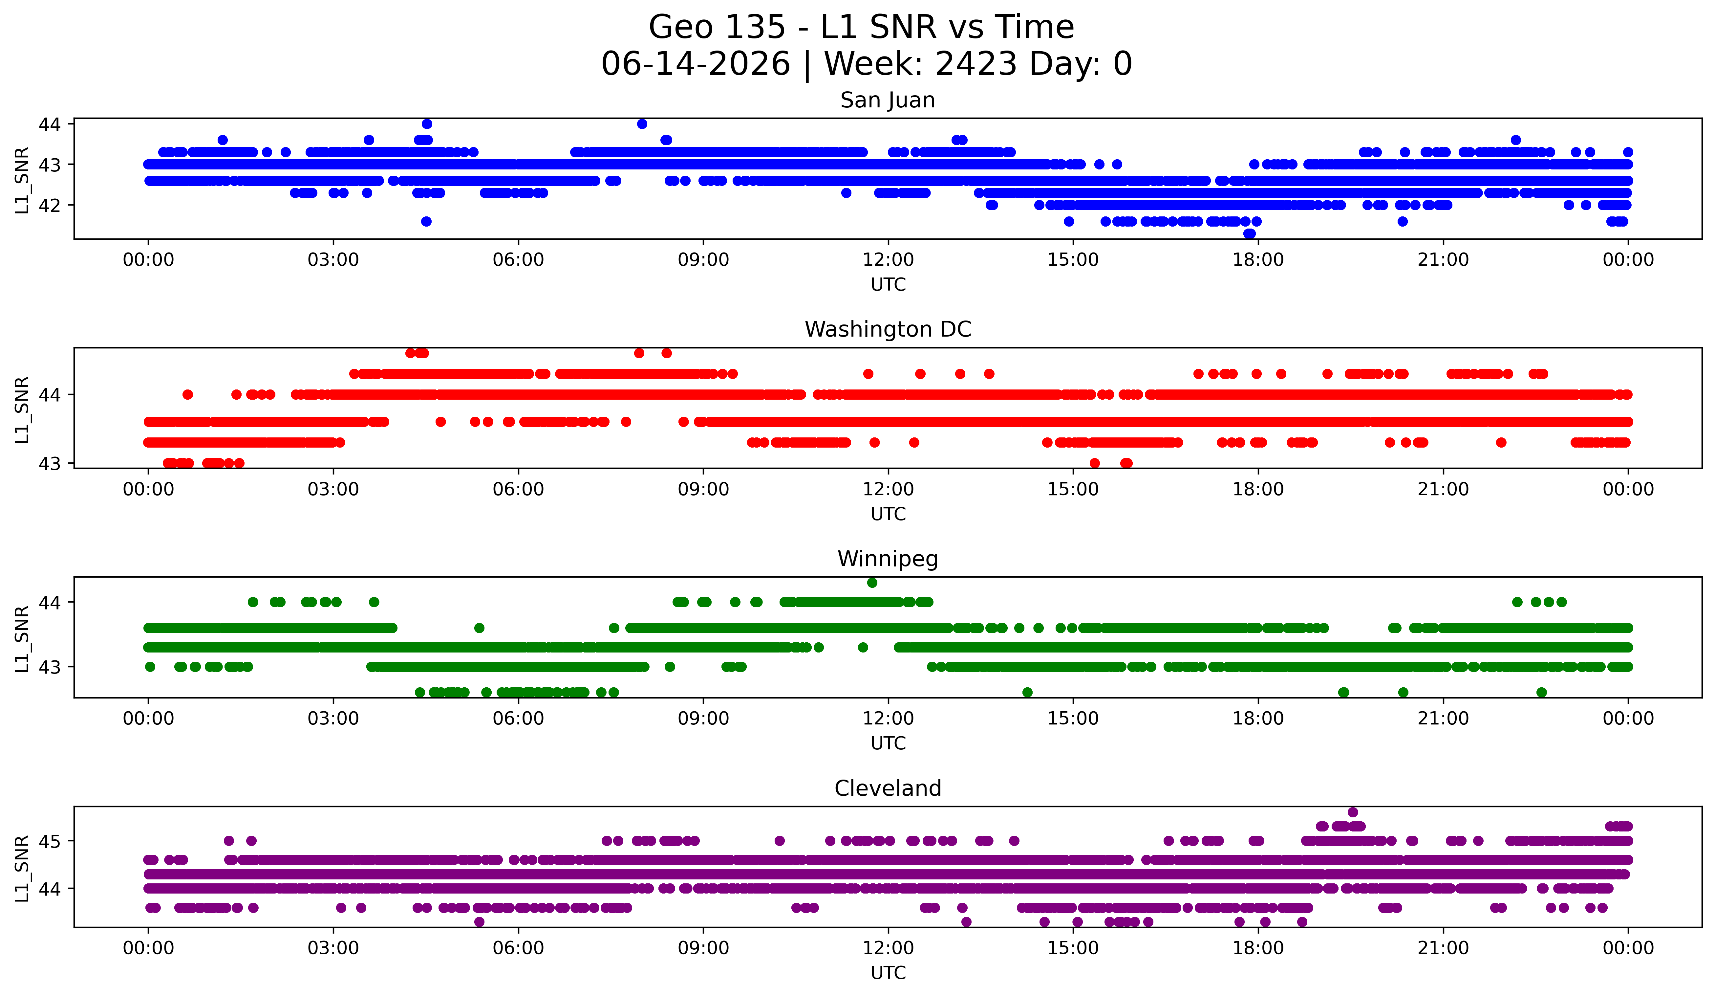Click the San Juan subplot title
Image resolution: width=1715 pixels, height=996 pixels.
pos(888,100)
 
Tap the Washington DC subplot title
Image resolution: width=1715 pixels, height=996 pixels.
pos(888,329)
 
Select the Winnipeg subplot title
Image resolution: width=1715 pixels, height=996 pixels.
pos(888,559)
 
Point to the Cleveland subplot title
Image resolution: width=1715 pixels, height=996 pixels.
pos(888,788)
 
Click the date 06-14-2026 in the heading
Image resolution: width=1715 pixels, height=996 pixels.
pos(696,64)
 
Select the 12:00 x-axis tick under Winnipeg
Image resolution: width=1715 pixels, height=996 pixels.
pos(888,718)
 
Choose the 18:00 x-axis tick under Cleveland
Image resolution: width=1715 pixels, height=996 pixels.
pos(1258,948)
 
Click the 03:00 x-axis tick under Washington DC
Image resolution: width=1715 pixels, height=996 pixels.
pos(333,489)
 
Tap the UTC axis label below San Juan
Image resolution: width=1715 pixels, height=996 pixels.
pos(888,285)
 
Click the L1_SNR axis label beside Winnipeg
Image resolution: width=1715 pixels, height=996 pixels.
pos(22,639)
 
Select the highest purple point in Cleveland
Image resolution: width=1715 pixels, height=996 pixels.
pos(1353,812)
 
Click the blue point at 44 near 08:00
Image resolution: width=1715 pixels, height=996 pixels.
pos(642,124)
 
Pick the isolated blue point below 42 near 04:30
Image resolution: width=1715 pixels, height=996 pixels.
pos(426,221)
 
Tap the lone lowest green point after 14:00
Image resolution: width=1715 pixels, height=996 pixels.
pos(1028,692)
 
